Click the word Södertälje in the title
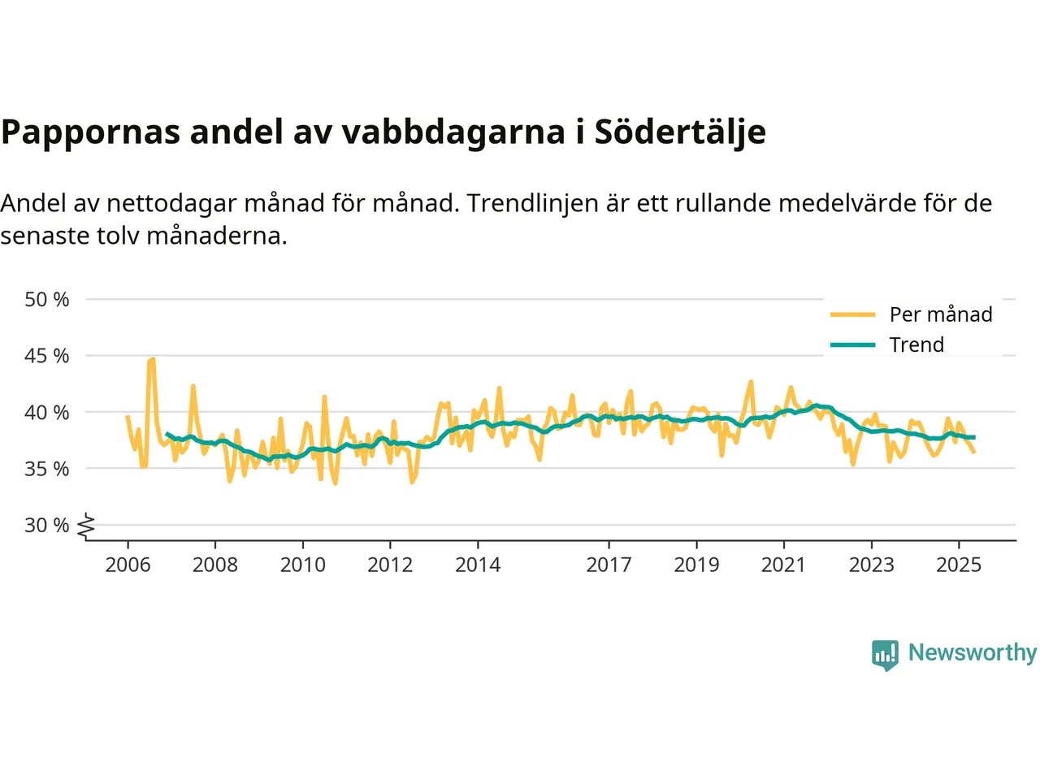coord(680,132)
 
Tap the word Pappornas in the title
coord(90,132)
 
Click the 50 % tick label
coord(46,300)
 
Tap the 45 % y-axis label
coord(46,356)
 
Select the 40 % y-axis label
coord(46,413)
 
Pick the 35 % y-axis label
coord(46,469)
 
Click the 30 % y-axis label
coord(46,526)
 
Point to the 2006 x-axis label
coord(128,565)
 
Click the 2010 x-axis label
coord(302,565)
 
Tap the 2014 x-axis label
coord(478,565)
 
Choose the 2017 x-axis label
coord(609,565)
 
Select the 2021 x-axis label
coord(783,565)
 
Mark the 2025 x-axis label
coord(959,565)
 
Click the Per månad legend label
coord(941,314)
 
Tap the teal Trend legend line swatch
coord(852,344)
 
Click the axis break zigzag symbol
coord(86,526)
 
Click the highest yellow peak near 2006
coord(152,358)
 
